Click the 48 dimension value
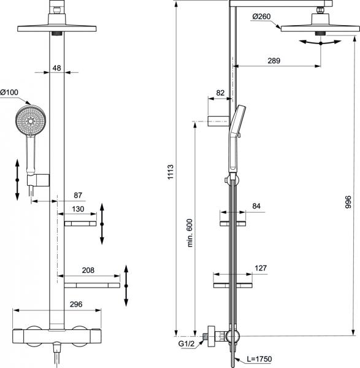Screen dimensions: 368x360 click(x=56, y=68)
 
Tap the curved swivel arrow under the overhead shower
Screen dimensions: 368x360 click(x=321, y=41)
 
